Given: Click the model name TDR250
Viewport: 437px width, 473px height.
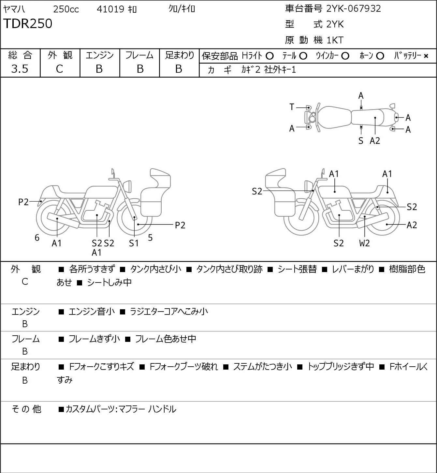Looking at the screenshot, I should pyautogui.click(x=28, y=24).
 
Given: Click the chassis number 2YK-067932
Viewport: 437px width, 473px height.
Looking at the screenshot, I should pyautogui.click(x=354, y=8).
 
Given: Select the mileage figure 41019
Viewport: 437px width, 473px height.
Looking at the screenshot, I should pyautogui.click(x=110, y=9).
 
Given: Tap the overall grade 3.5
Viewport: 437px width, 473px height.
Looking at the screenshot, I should pyautogui.click(x=20, y=69).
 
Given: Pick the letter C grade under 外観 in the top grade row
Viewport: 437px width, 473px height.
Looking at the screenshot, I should pyautogui.click(x=59, y=69).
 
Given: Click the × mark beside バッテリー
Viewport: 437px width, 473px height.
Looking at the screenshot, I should pyautogui.click(x=426, y=56).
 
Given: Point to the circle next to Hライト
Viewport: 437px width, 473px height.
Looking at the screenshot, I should pyautogui.click(x=269, y=56).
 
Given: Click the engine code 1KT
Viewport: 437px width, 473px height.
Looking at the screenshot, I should pyautogui.click(x=335, y=40).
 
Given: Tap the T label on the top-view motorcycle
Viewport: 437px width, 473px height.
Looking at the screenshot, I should pyautogui.click(x=292, y=107).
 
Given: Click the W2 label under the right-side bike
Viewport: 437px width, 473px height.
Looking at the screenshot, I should pyautogui.click(x=364, y=243).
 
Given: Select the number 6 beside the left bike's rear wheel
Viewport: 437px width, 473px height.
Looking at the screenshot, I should pyautogui.click(x=37, y=238).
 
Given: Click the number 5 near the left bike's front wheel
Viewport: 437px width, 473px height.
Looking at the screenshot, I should pyautogui.click(x=150, y=238).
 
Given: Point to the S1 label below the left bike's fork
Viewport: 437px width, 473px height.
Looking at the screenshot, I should pyautogui.click(x=134, y=243).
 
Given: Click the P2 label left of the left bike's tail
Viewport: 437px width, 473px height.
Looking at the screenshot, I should pyautogui.click(x=23, y=202).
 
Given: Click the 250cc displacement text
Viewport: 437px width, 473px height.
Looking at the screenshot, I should pyautogui.click(x=66, y=9).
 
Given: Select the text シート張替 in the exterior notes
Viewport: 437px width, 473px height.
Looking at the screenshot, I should pyautogui.click(x=297, y=269).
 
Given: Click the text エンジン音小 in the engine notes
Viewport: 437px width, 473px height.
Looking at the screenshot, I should pyautogui.click(x=92, y=312).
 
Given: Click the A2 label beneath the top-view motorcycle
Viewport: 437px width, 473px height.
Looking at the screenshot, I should pyautogui.click(x=375, y=141).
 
